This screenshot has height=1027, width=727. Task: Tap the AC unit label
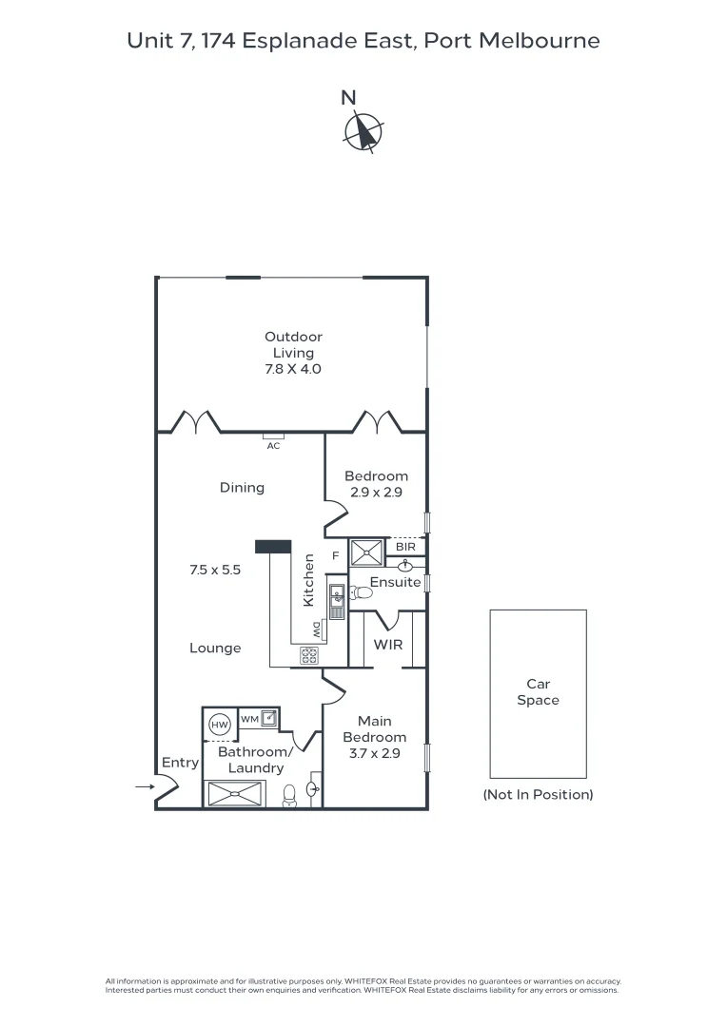pos(273,445)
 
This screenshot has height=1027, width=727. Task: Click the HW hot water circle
pos(220,725)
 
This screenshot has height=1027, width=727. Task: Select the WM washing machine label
pos(249,719)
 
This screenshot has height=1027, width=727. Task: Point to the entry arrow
pos(144,787)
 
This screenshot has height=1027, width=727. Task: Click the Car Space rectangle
pos(538,692)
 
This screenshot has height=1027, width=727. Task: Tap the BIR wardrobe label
pos(405,547)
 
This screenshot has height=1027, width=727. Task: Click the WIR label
pos(388,644)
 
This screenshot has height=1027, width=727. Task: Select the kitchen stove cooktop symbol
pos(310,654)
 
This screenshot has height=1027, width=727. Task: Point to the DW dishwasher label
pos(316,629)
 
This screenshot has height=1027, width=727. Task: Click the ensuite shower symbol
pos(365,552)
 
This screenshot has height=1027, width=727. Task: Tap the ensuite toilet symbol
pos(361,592)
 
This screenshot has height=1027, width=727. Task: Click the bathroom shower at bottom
pos(234,793)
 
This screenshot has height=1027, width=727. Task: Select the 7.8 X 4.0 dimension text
pos(293,368)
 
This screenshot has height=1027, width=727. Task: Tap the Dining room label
pos(242,488)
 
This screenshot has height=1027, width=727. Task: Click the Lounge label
pos(215,648)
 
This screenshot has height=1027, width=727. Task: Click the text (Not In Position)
pos(538,794)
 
